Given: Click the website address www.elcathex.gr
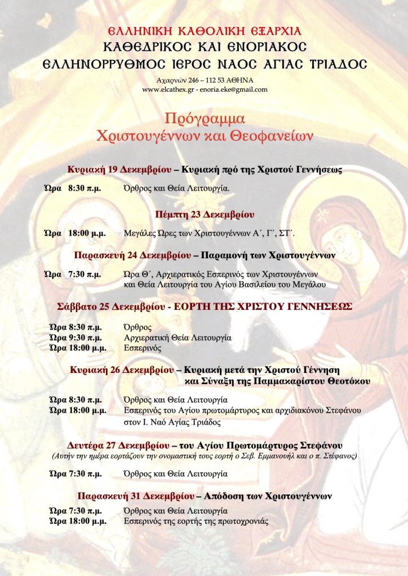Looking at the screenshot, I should pyautogui.click(x=166, y=89).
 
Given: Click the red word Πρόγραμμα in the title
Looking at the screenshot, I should pyautogui.click(x=204, y=119).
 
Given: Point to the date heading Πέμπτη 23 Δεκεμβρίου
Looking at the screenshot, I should pyautogui.click(x=205, y=214).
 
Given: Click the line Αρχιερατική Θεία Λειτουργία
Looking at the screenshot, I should pyautogui.click(x=178, y=338).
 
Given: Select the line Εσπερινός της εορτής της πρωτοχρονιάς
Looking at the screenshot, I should pyautogui.click(x=196, y=521).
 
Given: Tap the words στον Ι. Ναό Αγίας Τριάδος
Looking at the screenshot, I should pyautogui.click(x=172, y=422).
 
